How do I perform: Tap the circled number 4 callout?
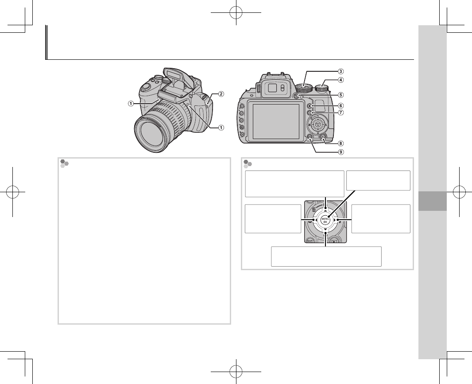click(340, 80)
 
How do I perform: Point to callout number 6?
click(340, 105)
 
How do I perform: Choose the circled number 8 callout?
click(340, 143)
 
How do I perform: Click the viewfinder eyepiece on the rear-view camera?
click(273, 89)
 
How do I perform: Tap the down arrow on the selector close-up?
click(325, 232)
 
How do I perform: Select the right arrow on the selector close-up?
click(337, 219)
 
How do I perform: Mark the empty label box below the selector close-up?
click(326, 256)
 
